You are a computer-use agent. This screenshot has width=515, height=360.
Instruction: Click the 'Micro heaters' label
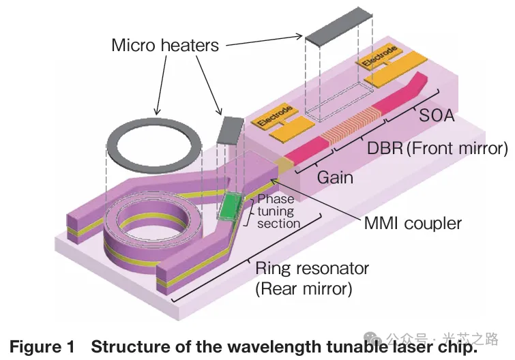click(165, 45)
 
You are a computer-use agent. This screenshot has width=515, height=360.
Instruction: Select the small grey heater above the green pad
click(231, 130)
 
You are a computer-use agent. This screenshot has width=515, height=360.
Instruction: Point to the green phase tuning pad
click(231, 206)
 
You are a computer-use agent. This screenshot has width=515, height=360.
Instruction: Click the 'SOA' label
click(437, 115)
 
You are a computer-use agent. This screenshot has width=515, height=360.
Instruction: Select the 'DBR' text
click(385, 148)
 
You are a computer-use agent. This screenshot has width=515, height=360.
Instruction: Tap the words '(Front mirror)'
click(458, 149)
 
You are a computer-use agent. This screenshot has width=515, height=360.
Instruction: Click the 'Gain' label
click(335, 177)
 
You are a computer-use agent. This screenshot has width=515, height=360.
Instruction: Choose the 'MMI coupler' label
click(413, 224)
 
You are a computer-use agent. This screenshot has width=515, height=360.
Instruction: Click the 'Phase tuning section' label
click(278, 211)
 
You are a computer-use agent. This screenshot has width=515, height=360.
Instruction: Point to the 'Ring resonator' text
click(312, 269)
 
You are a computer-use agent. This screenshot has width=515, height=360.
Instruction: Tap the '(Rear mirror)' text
click(304, 289)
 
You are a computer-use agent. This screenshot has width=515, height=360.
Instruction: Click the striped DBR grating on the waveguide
click(352, 126)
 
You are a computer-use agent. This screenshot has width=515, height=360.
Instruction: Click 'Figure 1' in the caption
click(42, 347)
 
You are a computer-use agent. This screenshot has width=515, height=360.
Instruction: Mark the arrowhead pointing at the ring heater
click(158, 111)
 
